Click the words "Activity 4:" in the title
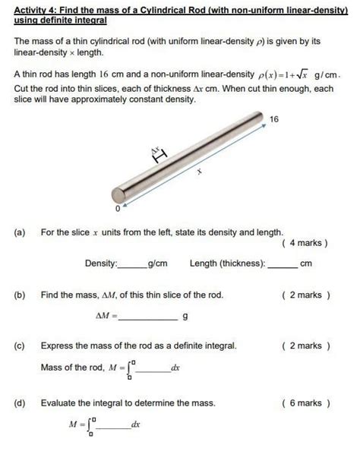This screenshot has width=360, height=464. [38, 8]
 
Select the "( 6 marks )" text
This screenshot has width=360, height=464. [305, 403]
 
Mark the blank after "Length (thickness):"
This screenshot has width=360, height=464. [282, 264]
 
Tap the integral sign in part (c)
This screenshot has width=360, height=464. [130, 369]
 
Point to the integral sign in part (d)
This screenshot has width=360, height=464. [91, 426]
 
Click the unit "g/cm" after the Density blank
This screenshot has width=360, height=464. [157, 264]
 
